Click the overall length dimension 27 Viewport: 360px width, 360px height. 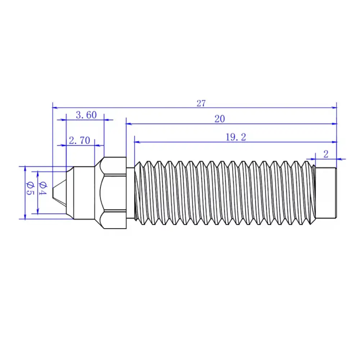click(x=201, y=103)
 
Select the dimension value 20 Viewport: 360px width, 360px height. click(x=220, y=119)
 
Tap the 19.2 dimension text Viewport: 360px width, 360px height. click(x=236, y=137)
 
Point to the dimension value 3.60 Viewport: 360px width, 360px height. click(x=86, y=115)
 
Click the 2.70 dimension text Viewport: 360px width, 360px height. click(x=79, y=141)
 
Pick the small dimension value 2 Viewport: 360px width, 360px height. click(x=326, y=154)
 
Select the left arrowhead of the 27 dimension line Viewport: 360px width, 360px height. click(x=55, y=107)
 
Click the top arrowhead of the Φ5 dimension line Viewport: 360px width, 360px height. click(x=25, y=168)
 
